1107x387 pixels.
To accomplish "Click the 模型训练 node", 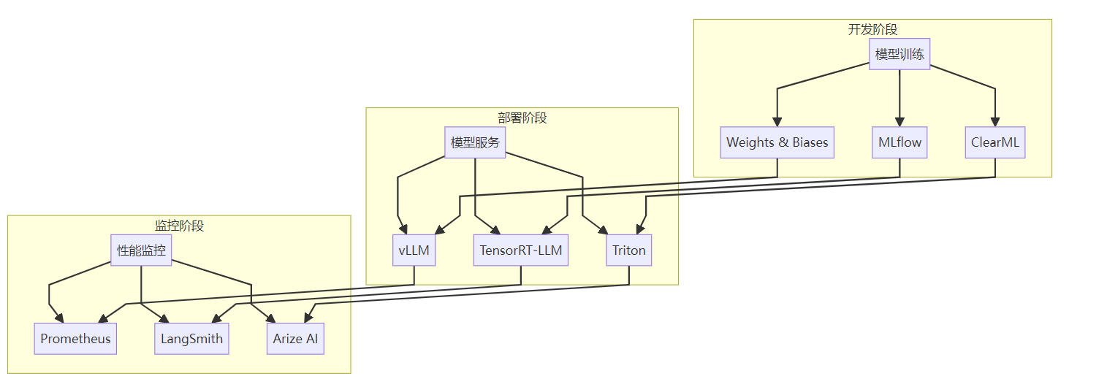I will coord(899,54).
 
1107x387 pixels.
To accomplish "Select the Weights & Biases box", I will coord(777,142).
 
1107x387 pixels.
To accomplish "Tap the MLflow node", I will coord(899,142).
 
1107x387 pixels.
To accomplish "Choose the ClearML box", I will coord(995,142).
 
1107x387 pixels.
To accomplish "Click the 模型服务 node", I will coord(475,142).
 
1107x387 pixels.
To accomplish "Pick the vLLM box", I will coord(414,250).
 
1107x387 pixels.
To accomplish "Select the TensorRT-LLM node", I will coord(520,250).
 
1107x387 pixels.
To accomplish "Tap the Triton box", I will coord(629,250).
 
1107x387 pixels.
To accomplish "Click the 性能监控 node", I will coord(141,250).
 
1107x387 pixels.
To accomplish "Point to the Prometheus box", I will coord(75,339).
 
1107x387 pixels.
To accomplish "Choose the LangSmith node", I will coord(191,339).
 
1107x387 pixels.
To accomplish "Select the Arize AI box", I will coord(295,339).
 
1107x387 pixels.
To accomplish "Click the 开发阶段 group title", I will coord(872,29).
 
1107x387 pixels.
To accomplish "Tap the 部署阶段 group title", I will coord(522,118).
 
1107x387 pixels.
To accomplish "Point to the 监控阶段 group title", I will coord(179,226).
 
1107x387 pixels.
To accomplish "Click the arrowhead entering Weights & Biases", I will coord(777,123).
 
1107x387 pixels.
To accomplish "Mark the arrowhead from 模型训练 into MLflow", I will coord(899,123).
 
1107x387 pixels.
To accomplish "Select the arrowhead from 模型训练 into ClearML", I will coord(995,123).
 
